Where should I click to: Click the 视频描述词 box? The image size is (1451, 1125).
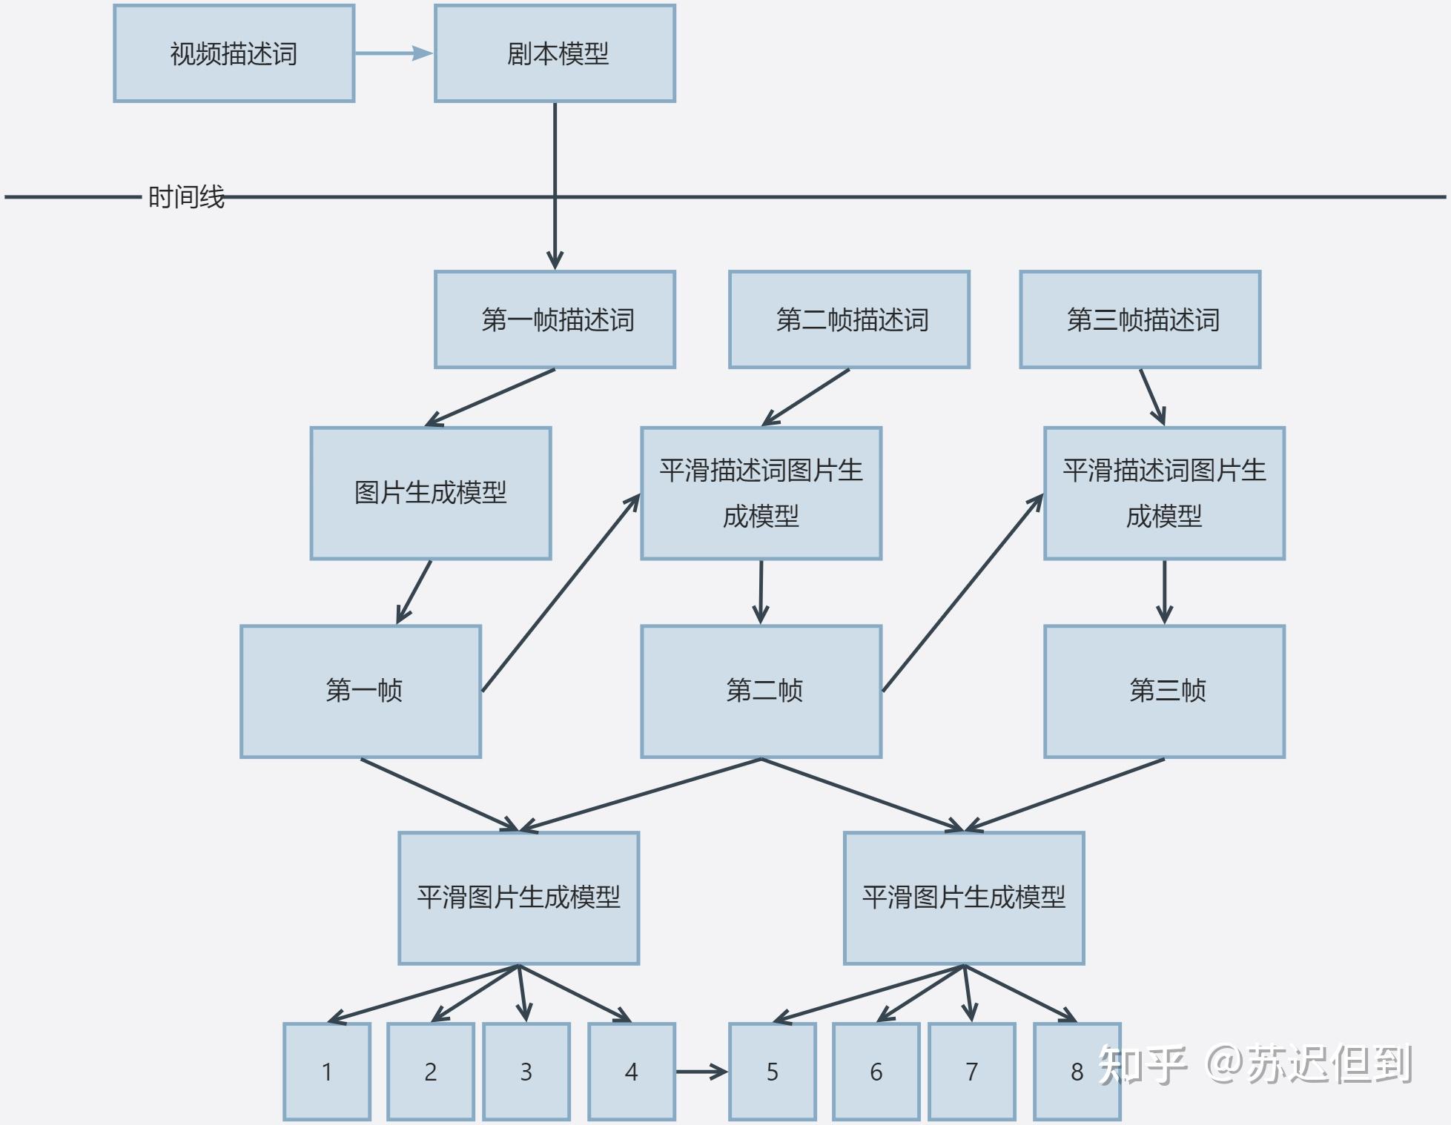(234, 53)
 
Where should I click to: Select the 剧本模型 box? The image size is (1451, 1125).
(555, 53)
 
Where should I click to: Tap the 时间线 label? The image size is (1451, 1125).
(186, 197)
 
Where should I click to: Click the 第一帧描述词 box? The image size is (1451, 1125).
(555, 319)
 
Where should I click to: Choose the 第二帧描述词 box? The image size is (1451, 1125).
(849, 319)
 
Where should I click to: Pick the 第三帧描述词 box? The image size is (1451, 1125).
(1140, 319)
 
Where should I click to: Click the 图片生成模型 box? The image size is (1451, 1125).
(430, 493)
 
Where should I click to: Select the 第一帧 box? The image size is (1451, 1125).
(360, 691)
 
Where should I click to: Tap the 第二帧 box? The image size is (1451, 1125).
(761, 691)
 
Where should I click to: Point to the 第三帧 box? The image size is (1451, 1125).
(1164, 691)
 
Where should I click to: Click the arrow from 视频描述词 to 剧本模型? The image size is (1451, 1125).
(393, 53)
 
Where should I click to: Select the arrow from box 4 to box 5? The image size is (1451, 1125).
(701, 1072)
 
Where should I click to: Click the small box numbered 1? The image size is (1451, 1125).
(327, 1072)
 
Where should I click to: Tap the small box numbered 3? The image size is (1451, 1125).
(526, 1072)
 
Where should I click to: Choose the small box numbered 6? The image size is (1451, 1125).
(876, 1072)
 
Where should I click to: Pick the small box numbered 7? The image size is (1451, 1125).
(971, 1072)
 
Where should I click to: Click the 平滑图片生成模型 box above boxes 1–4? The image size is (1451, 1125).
(518, 897)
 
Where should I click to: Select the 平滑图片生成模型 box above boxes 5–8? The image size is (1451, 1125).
(963, 897)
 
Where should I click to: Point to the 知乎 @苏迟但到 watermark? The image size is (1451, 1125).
(1255, 1064)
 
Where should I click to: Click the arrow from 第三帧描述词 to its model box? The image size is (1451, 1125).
(1152, 396)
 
